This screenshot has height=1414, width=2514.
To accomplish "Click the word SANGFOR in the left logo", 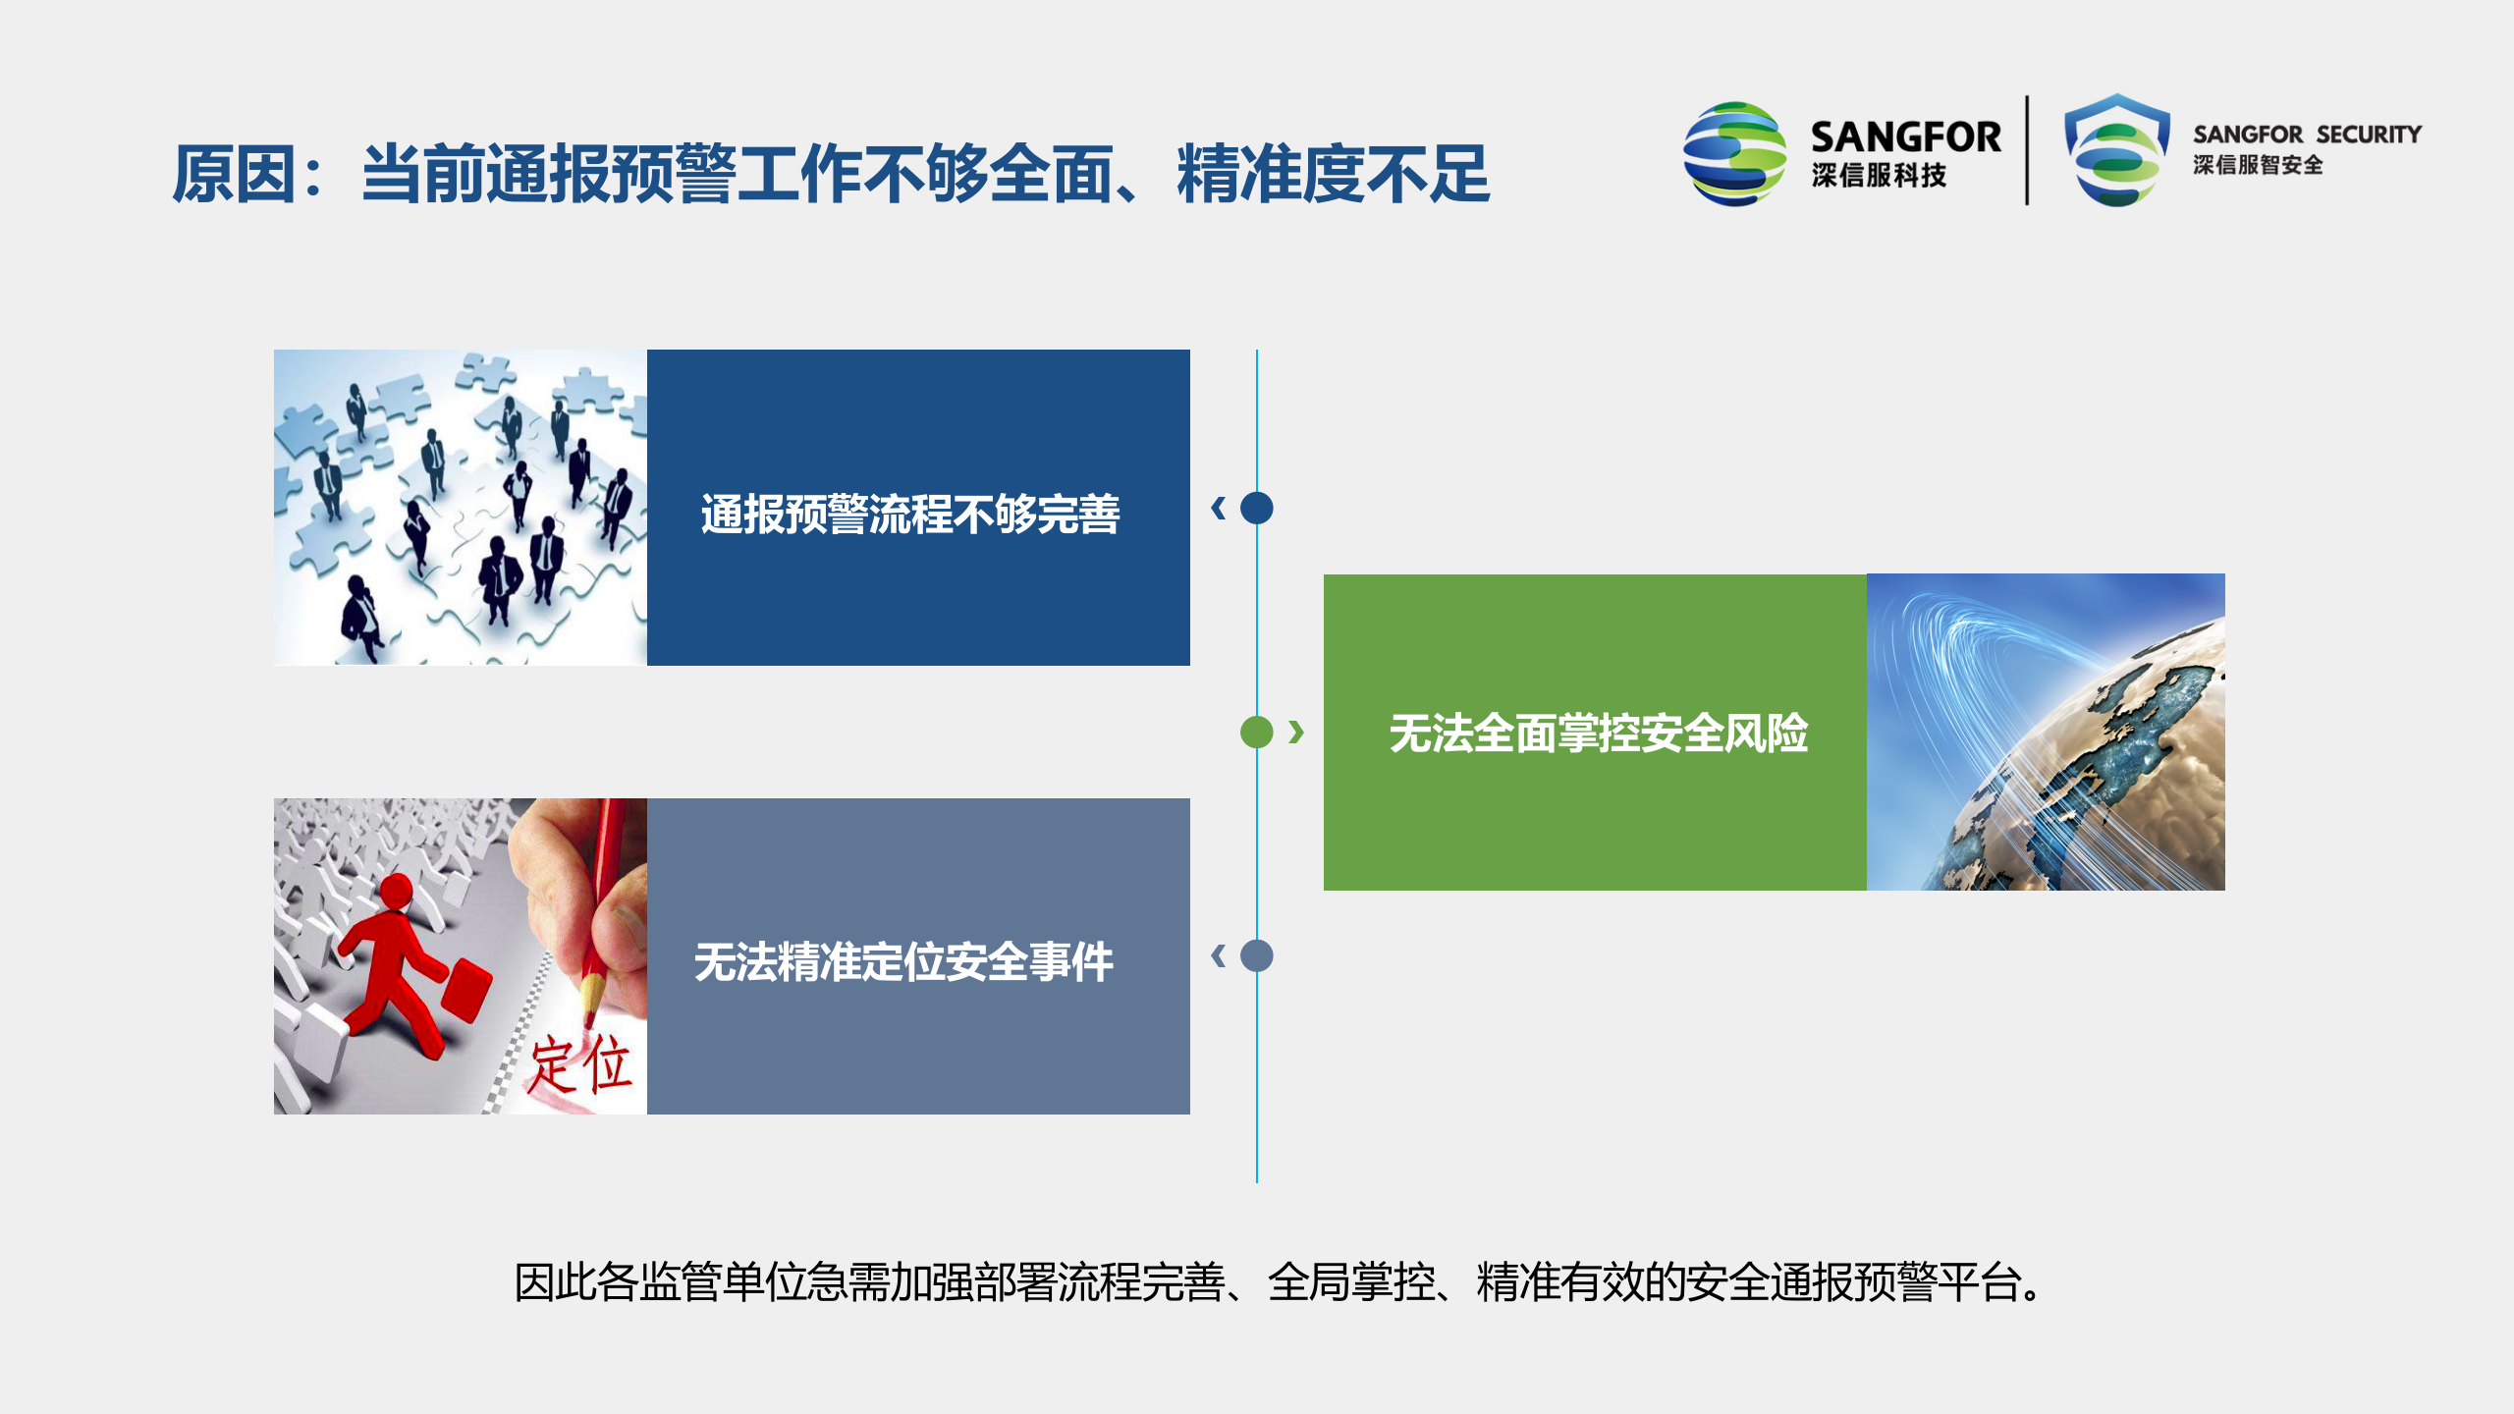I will pos(1904,136).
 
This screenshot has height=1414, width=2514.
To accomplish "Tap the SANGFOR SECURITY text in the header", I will pos(2307,135).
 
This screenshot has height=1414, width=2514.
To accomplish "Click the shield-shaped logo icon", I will pos(2116,150).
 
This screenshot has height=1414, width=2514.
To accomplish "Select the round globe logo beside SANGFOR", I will pos(1733,153).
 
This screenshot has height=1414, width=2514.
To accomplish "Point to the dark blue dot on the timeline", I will pos(1256,508).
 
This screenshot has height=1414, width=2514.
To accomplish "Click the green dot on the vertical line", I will pos(1256,732).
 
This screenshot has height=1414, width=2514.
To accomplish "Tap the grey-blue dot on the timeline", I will pos(1256,955).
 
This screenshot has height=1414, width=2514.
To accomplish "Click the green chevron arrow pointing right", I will pos(1296,732).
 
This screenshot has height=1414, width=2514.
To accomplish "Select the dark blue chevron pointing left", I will pos(1219,508).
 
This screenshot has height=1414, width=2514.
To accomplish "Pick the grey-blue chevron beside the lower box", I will pos(1219,955).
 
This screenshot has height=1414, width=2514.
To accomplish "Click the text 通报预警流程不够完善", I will pos(909,515).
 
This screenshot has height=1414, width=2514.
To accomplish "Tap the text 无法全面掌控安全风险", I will pos(1598,734).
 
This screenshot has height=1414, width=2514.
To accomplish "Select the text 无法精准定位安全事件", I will pos(903,962).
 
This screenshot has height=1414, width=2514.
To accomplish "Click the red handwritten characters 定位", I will pos(579,1065).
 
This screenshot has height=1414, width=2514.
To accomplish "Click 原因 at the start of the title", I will pos(233,175).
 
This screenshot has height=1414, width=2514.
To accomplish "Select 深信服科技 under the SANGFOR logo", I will pos(1878,176).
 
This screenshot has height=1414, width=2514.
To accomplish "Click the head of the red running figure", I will pos(396,892).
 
